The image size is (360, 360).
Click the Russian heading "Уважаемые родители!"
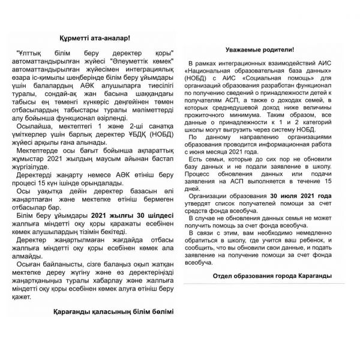[x=259, y=50]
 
